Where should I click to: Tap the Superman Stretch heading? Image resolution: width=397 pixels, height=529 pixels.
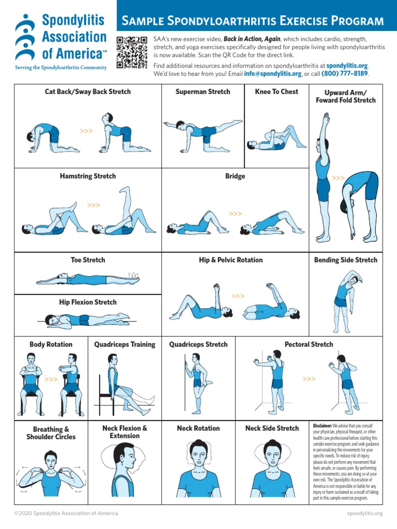pyautogui.click(x=203, y=91)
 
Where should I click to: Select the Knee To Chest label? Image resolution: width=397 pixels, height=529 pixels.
pyautogui.click(x=277, y=91)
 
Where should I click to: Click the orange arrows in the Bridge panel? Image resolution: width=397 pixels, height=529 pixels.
pyautogui.click(x=235, y=213)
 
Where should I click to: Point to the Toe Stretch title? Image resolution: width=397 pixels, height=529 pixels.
pyautogui.click(x=88, y=260)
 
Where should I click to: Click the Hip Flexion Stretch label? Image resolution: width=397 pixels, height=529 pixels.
pyautogui.click(x=88, y=302)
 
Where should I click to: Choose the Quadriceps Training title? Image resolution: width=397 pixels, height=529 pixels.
pyautogui.click(x=125, y=345)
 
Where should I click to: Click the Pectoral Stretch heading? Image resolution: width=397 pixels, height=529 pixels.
pyautogui.click(x=309, y=345)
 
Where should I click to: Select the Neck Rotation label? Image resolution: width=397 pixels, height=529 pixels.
pyautogui.click(x=198, y=428)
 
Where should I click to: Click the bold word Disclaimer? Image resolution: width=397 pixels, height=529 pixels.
pyautogui.click(x=323, y=425)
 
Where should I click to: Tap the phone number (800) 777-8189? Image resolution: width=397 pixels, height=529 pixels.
pyautogui.click(x=345, y=74)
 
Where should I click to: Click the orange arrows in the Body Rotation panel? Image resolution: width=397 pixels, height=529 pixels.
pyautogui.click(x=51, y=379)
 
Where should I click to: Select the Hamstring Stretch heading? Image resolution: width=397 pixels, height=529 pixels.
pyautogui.click(x=88, y=176)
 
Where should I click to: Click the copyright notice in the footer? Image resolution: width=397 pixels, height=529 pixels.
pyautogui.click(x=66, y=513)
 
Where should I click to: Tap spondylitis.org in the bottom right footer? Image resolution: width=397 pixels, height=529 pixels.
pyautogui.click(x=364, y=513)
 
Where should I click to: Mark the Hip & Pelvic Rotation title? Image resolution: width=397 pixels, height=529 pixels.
pyautogui.click(x=231, y=260)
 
